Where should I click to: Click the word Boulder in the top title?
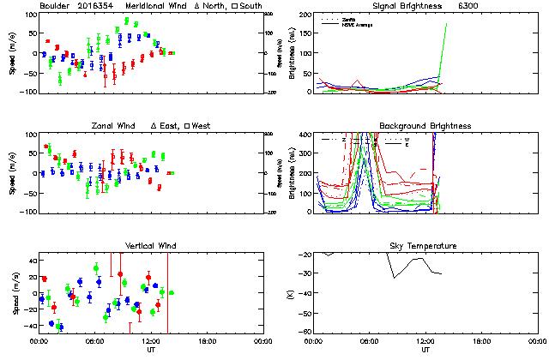(55, 6)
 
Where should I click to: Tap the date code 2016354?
(95, 6)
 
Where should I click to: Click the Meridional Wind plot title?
(154, 6)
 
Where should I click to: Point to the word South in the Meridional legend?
(250, 6)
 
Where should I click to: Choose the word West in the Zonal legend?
(203, 126)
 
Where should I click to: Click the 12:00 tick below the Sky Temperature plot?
(425, 341)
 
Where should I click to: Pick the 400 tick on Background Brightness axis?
(304, 135)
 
